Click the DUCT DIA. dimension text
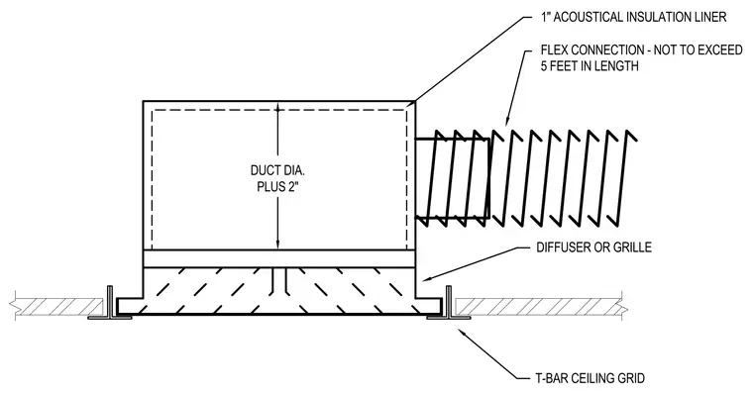click(x=277, y=170)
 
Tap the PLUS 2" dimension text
click(x=278, y=187)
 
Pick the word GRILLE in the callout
click(x=632, y=247)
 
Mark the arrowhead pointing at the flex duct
click(x=505, y=122)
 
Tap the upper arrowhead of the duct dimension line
click(x=277, y=111)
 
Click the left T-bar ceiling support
click(x=110, y=304)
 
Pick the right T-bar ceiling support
click(x=449, y=304)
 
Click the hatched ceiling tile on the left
click(x=57, y=307)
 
